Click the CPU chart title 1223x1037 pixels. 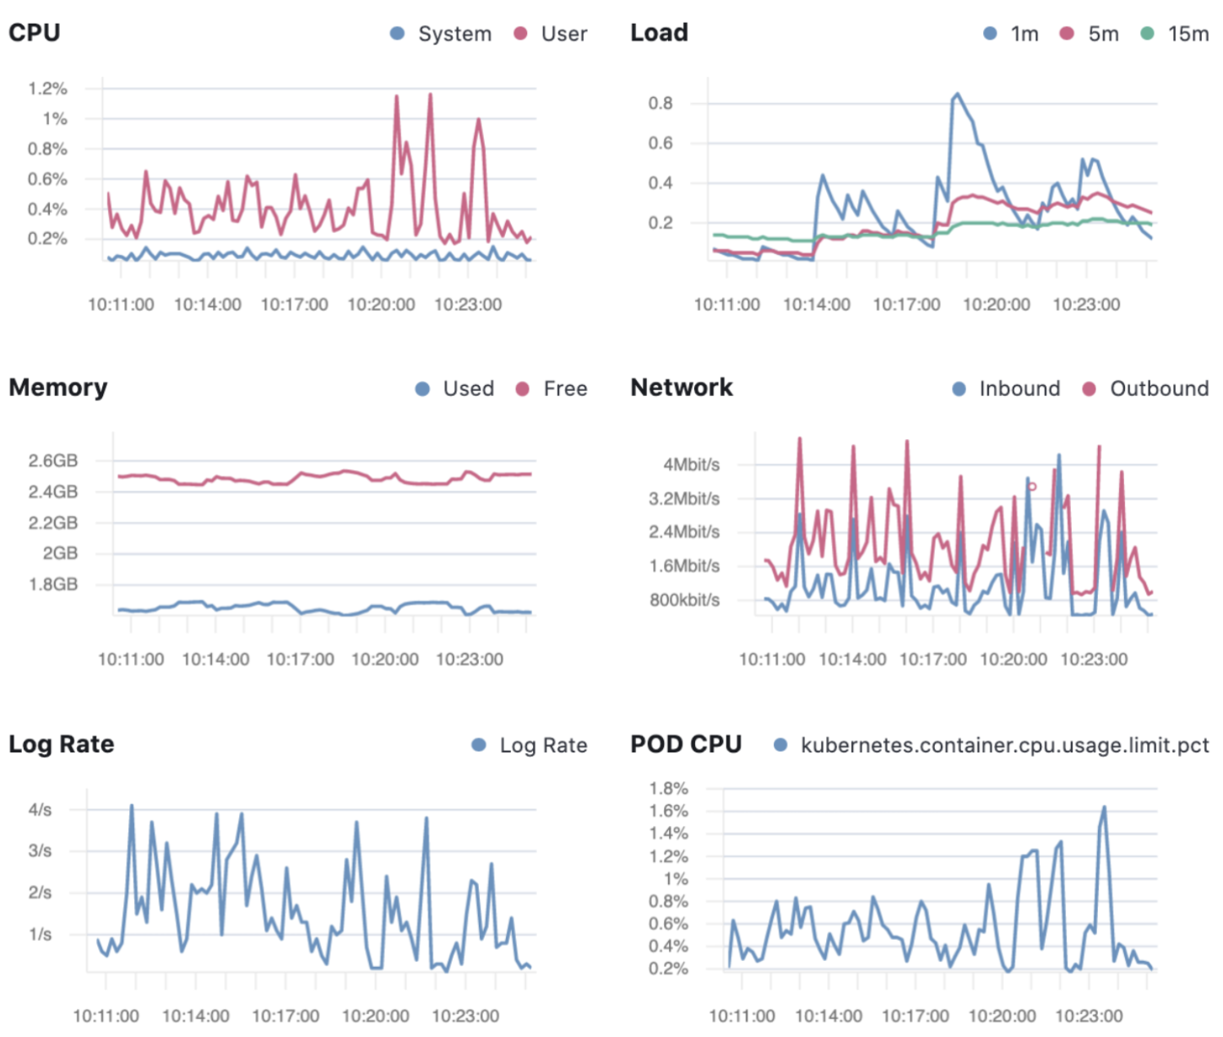[35, 32]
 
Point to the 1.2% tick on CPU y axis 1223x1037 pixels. [47, 89]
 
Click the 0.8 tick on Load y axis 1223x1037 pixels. [660, 103]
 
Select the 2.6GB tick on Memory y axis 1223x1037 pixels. [53, 460]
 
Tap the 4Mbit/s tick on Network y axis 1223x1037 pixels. [691, 464]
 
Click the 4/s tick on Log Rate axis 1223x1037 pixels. [40, 809]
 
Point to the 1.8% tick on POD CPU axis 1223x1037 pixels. [668, 788]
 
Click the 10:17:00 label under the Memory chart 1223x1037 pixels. [300, 659]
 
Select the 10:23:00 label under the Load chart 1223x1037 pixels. [1086, 304]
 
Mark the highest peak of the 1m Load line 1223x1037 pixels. [957, 94]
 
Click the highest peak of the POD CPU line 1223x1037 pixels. [1104, 807]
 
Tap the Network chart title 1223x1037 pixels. [682, 387]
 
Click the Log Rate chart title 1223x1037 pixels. [62, 744]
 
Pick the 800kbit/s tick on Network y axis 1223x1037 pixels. [684, 600]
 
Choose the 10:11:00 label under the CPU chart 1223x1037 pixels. [121, 304]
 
